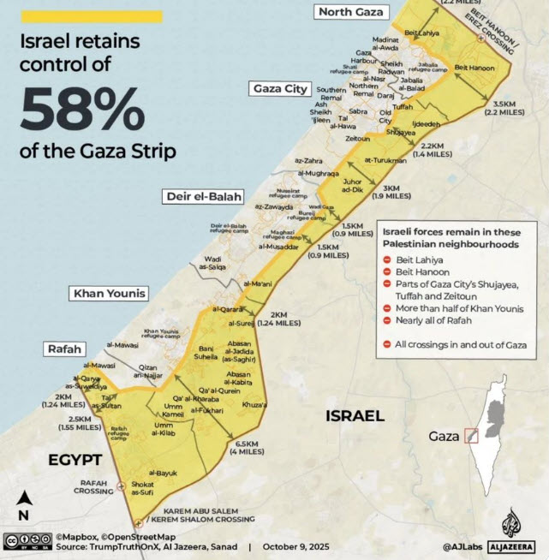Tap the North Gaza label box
tap(351, 11)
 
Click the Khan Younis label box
tap(110, 294)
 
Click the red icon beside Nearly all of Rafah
tap(387, 320)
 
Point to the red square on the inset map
tap(469, 436)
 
